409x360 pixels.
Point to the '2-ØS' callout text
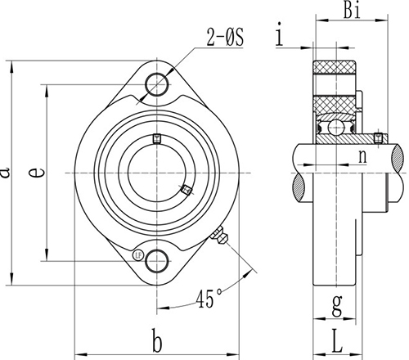point(222,35)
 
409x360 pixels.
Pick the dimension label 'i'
point(281,35)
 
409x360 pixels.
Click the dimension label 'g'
point(337,302)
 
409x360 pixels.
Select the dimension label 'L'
point(337,335)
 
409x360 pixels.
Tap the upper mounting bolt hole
point(156,84)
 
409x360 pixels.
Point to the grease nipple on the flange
point(219,238)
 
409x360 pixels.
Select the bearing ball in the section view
point(335,127)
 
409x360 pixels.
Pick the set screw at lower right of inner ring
point(187,190)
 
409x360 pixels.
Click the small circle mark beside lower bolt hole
point(137,254)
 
